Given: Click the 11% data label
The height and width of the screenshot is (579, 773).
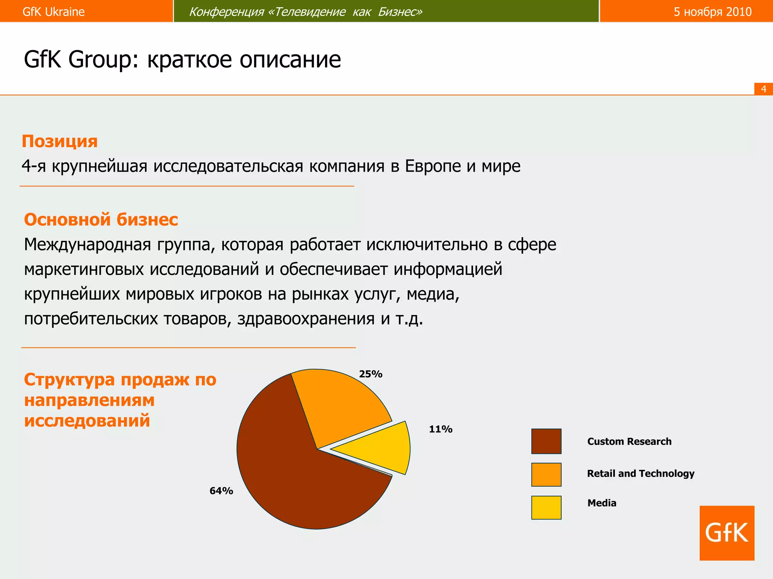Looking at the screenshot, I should [440, 429].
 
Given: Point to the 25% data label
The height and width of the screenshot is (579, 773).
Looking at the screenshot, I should [371, 374].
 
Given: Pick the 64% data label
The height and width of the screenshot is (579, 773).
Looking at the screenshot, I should [221, 491].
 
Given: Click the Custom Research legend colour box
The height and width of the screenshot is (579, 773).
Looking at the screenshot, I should [546, 441].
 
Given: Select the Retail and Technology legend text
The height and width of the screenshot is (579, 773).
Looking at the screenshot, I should [641, 473].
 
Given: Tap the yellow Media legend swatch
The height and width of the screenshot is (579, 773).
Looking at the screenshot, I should [546, 507].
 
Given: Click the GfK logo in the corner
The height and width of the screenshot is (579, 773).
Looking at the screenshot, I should [727, 533].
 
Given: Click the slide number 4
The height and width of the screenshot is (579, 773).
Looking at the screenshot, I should [764, 89].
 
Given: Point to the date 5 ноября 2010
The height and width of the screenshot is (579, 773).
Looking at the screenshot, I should [713, 12].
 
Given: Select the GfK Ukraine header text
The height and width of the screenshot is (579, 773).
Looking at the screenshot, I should [54, 12].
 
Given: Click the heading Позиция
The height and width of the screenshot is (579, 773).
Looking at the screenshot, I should [60, 141].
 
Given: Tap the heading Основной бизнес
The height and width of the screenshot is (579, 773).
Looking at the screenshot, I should [101, 220].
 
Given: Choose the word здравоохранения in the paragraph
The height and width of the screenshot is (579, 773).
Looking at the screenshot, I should [306, 319].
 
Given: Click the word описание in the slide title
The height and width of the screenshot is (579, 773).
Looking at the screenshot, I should [290, 60].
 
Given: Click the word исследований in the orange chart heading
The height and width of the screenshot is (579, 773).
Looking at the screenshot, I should [87, 420].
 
